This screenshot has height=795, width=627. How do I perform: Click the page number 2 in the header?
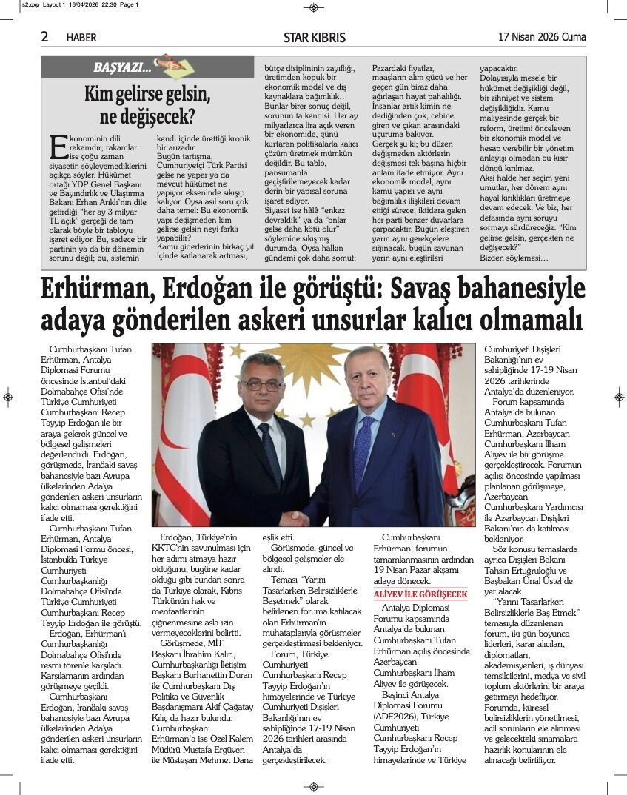click(45, 36)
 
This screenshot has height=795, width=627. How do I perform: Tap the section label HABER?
click(81, 37)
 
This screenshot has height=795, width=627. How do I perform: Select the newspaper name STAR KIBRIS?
click(314, 37)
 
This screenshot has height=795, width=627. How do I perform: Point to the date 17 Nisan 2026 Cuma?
click(542, 37)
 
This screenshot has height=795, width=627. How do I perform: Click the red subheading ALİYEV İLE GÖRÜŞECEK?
click(420, 594)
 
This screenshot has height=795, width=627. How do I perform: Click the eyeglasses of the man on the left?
click(263, 384)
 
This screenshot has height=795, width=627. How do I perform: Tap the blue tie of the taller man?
click(362, 444)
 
